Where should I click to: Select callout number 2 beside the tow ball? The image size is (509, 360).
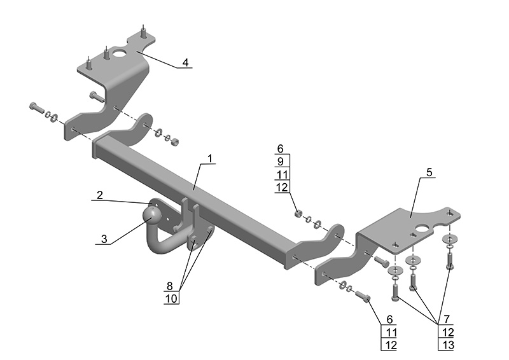[x=100, y=195]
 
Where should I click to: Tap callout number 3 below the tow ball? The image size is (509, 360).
[x=105, y=239]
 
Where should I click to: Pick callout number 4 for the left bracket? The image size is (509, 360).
[x=185, y=62]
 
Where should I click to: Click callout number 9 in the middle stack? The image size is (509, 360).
[x=281, y=162]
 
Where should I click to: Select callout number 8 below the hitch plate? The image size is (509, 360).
[x=170, y=286]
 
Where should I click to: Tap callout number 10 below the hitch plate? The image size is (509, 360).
[x=170, y=298]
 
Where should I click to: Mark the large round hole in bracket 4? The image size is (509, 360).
[x=120, y=53]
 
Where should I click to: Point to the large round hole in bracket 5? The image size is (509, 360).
[x=421, y=225]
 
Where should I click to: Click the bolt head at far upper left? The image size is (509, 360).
[x=32, y=106]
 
